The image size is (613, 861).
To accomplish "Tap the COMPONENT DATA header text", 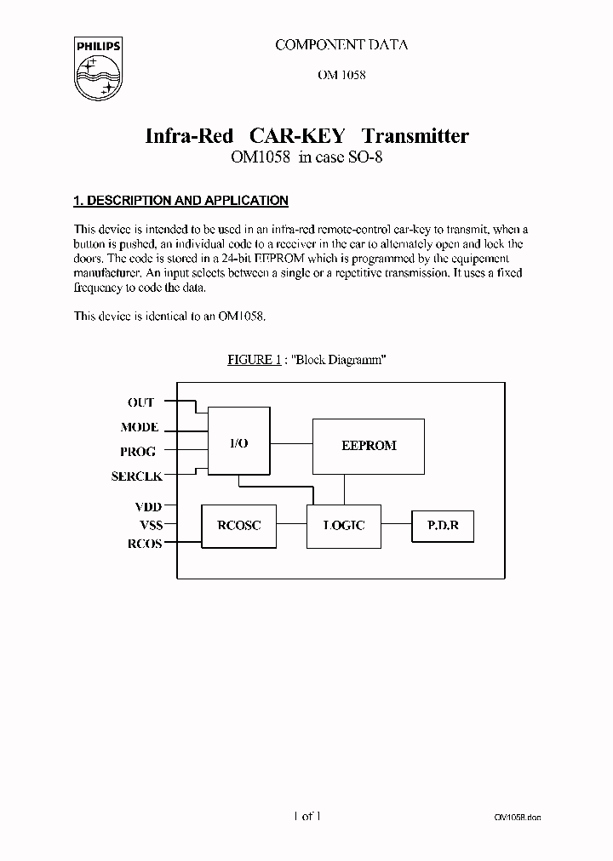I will pos(341,45).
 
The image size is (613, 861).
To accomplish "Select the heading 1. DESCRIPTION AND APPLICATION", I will pos(180,201).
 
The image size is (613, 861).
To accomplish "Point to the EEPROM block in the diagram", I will pos(369,446).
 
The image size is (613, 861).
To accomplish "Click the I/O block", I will pos(239,445).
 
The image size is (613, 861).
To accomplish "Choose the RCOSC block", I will pos(238,526).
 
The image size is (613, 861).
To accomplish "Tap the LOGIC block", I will pos(344,526).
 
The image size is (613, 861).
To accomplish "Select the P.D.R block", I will pos(442,526).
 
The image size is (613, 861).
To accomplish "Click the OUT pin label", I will pos(140,402).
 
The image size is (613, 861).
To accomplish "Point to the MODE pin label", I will pos(139,428).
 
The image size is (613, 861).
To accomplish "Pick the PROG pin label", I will pos(139,452).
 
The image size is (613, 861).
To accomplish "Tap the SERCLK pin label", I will pos(136,476).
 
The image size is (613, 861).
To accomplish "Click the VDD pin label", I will pos(146,507).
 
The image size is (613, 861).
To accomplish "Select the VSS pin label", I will pos(146,526).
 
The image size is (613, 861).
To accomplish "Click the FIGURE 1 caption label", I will pos(254,360).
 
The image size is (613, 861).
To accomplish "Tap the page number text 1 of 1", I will pos(306,817).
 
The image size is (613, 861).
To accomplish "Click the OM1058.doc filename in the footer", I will pos(517,818).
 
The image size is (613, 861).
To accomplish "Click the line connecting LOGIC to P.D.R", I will pos(396,526).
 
